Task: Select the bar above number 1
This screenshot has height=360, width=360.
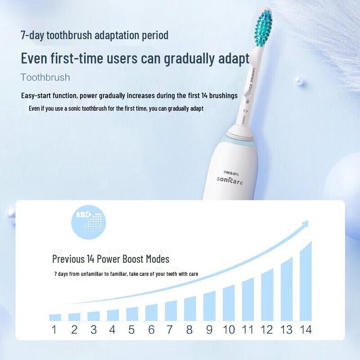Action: tap(55, 317)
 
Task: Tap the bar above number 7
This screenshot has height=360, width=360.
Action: tap(171, 310)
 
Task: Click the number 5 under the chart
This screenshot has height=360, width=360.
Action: tap(131, 330)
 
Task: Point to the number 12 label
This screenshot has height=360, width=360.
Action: tap(267, 330)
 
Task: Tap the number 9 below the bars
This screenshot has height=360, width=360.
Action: tap(209, 330)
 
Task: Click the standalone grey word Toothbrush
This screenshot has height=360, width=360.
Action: tap(45, 77)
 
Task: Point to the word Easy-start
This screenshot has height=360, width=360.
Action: tap(36, 96)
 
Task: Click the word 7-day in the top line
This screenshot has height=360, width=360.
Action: tap(32, 35)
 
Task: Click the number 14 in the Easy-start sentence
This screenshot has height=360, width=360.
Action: tap(205, 96)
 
